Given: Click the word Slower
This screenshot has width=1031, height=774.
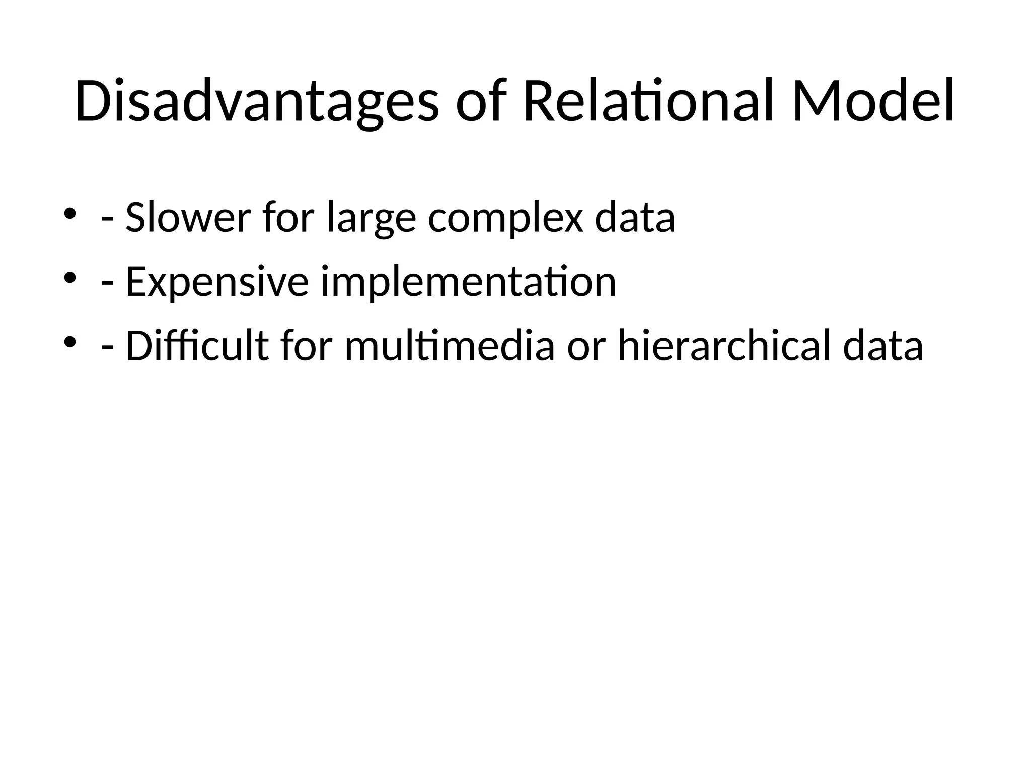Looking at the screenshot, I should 188,218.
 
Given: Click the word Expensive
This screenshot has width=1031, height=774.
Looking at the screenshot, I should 217,282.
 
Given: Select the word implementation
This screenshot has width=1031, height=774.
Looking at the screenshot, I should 469,282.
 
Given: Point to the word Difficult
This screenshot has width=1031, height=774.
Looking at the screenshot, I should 197,346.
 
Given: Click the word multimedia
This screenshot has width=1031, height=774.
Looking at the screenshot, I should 450,346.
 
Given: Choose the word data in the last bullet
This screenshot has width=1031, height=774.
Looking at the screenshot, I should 883,346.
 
